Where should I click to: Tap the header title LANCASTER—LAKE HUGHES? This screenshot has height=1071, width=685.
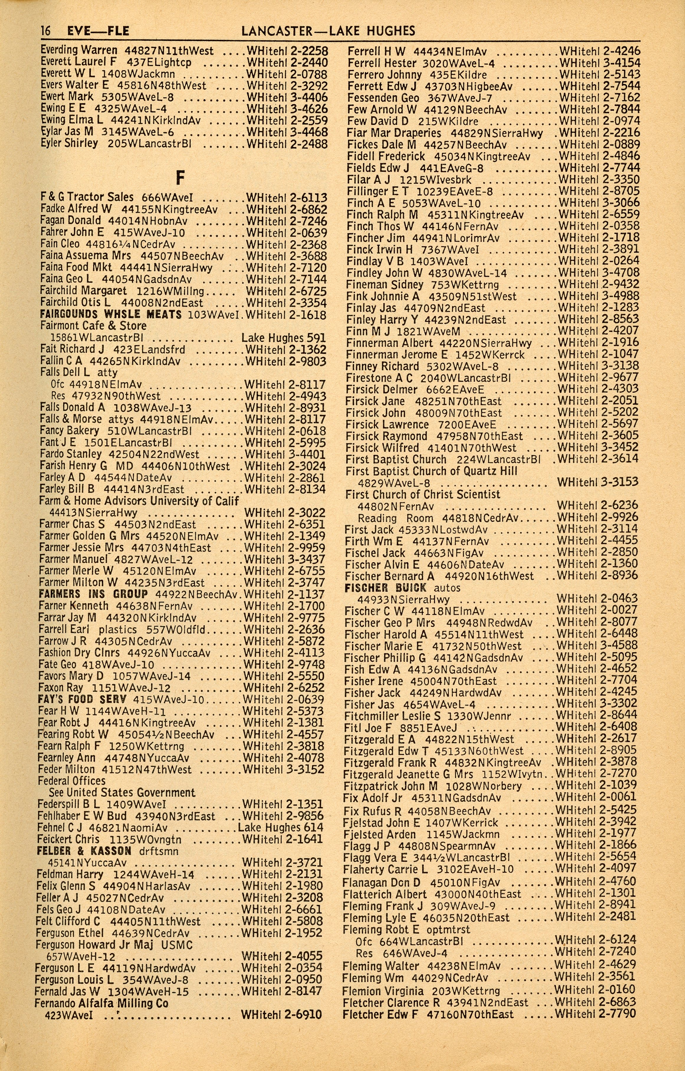point(328,31)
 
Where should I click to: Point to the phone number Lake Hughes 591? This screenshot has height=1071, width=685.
point(283,338)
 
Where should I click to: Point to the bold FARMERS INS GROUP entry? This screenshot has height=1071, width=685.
point(93,595)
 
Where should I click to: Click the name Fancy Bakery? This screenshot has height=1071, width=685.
point(69,430)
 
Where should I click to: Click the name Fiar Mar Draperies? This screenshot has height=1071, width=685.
point(394,133)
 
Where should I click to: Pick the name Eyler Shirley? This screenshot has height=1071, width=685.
point(69,144)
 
